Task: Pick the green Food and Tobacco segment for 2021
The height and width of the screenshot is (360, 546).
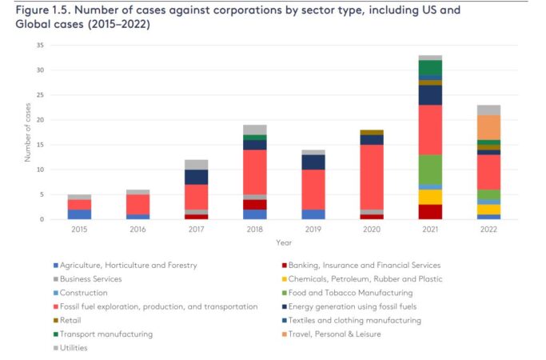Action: (430, 170)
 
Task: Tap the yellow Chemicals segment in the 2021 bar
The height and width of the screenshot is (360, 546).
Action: (430, 197)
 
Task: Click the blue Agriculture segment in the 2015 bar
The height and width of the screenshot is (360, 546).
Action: (80, 214)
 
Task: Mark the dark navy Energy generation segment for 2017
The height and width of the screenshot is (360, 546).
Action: (197, 177)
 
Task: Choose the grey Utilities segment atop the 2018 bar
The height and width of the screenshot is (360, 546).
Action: (255, 130)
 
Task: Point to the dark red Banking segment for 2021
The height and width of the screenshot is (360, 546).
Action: (430, 212)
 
